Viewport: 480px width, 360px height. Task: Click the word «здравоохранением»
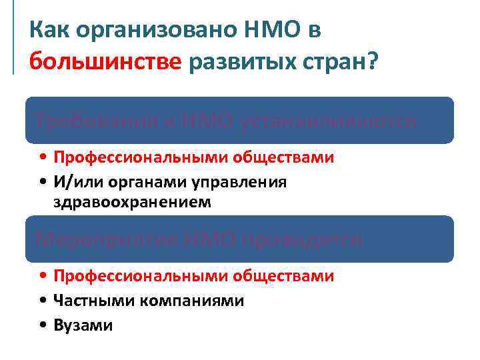[x=131, y=202]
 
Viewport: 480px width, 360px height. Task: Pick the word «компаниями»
[x=191, y=301]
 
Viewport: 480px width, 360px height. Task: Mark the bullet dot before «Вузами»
[x=43, y=325]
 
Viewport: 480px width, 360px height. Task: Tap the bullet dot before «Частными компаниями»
[x=43, y=301]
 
